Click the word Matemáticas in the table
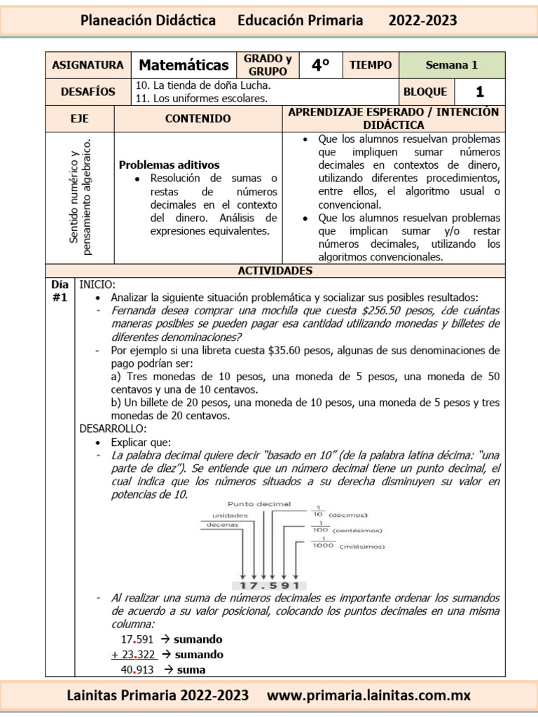[184, 65]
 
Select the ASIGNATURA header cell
[88, 65]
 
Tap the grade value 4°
[320, 65]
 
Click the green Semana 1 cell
[451, 65]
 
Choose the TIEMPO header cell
[371, 65]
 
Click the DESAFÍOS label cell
[88, 92]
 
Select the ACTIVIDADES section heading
[275, 270]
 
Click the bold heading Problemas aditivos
[169, 165]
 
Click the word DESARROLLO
[113, 428]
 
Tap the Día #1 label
[60, 291]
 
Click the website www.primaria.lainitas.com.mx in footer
[369, 695]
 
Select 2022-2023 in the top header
[422, 20]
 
